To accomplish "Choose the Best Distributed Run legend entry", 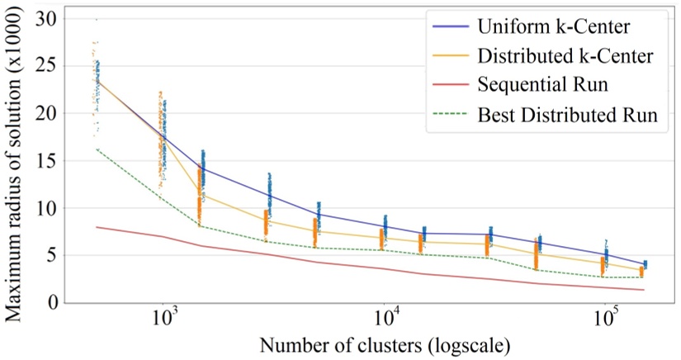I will (x=567, y=116).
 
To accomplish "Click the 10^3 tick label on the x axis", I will (x=166, y=318).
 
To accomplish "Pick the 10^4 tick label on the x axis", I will (x=386, y=318).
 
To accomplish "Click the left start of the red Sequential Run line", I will (x=97, y=226).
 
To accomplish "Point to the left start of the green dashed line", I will (x=97, y=149).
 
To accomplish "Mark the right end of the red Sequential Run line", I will (x=644, y=290).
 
